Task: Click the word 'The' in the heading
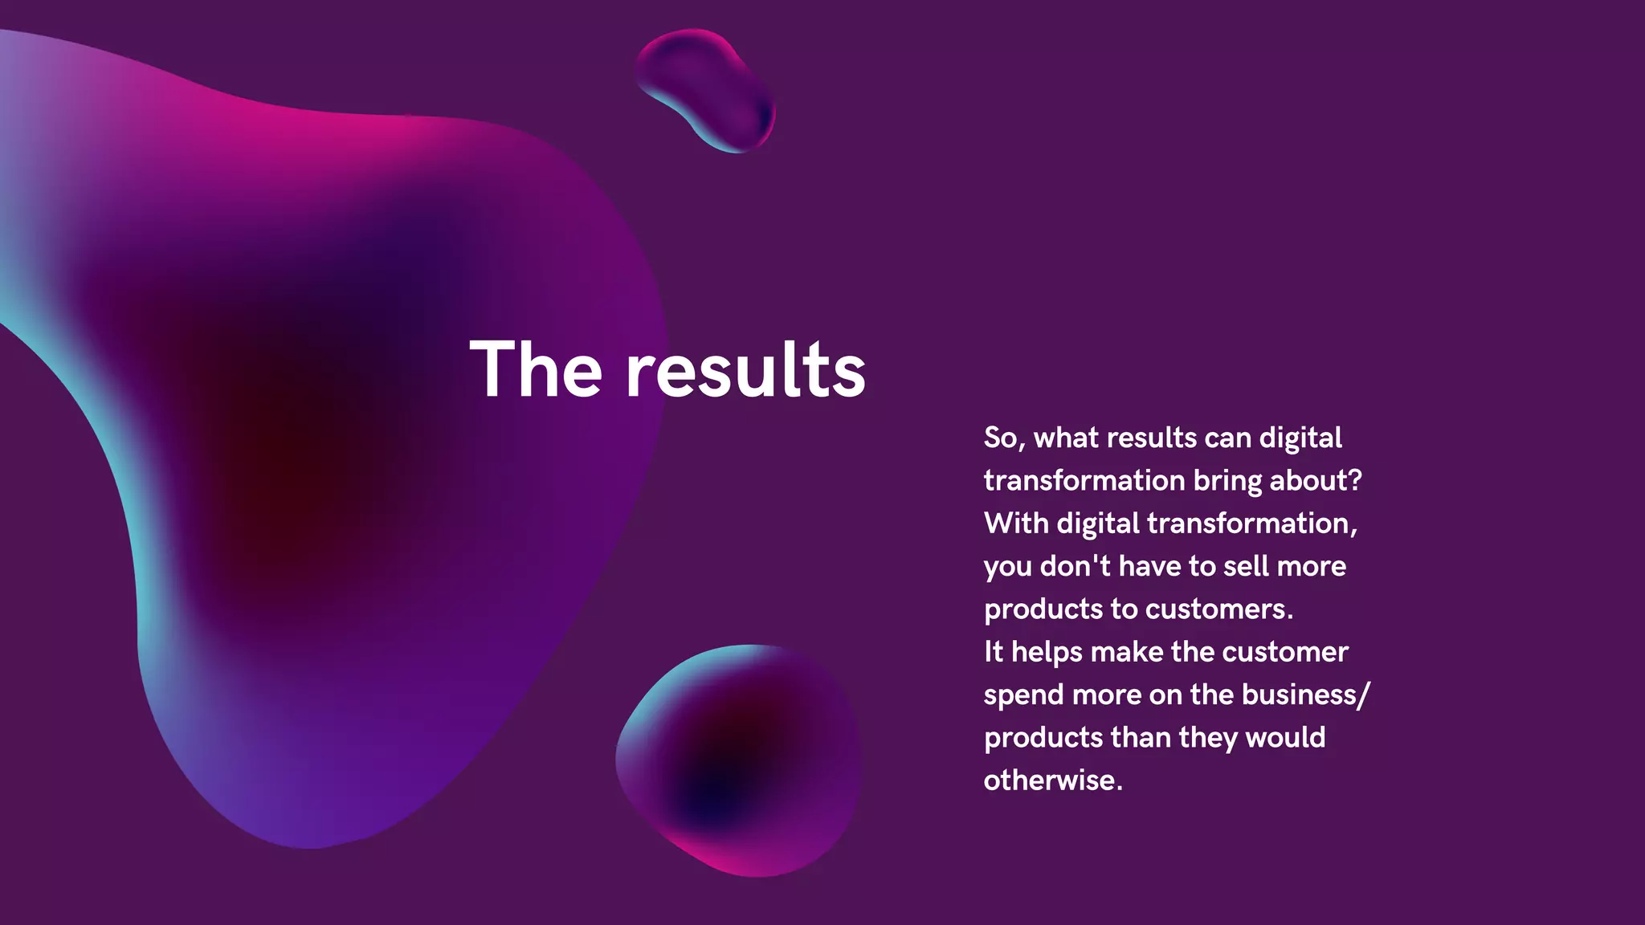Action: click(536, 369)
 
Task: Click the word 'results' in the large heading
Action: click(745, 369)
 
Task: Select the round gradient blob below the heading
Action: click(739, 759)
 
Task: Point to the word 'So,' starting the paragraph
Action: click(1005, 438)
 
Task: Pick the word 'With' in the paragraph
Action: click(1016, 524)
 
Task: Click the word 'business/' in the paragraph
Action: click(1306, 695)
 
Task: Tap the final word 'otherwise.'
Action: click(1053, 780)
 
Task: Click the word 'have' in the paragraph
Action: click(1149, 566)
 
